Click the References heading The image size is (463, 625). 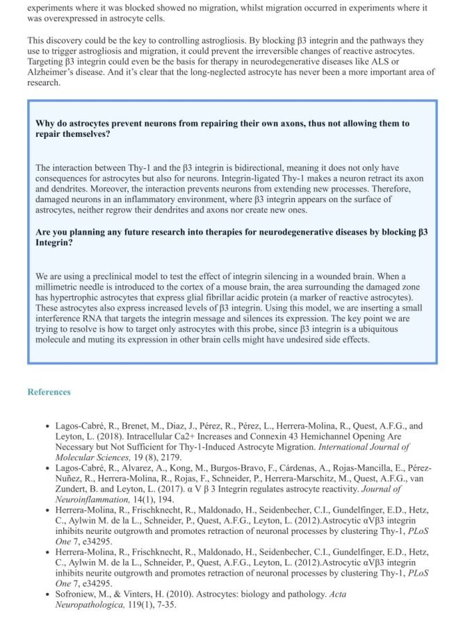tap(49, 392)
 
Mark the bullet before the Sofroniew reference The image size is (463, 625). tap(47, 594)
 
